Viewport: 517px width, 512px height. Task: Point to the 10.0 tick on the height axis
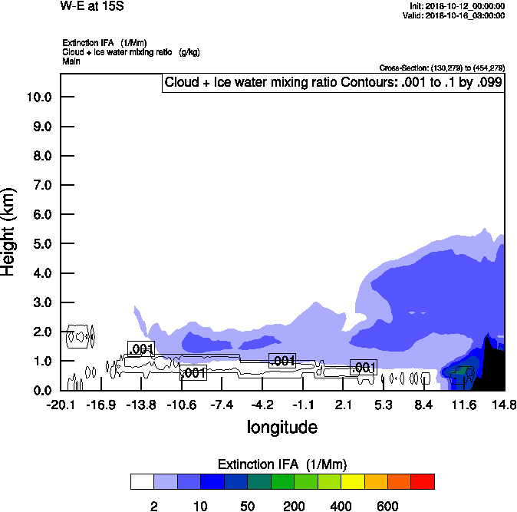point(38,97)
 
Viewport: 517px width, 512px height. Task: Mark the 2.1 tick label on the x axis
point(343,405)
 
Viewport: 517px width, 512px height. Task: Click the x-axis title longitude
point(282,427)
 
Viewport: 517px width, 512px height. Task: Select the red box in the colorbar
point(422,481)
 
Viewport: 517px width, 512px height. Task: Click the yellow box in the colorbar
point(352,481)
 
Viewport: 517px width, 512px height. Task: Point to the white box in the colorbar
point(142,481)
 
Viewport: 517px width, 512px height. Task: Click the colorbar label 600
point(387,506)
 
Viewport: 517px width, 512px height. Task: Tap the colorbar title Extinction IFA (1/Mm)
point(282,464)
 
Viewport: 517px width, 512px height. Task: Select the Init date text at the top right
point(457,6)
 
